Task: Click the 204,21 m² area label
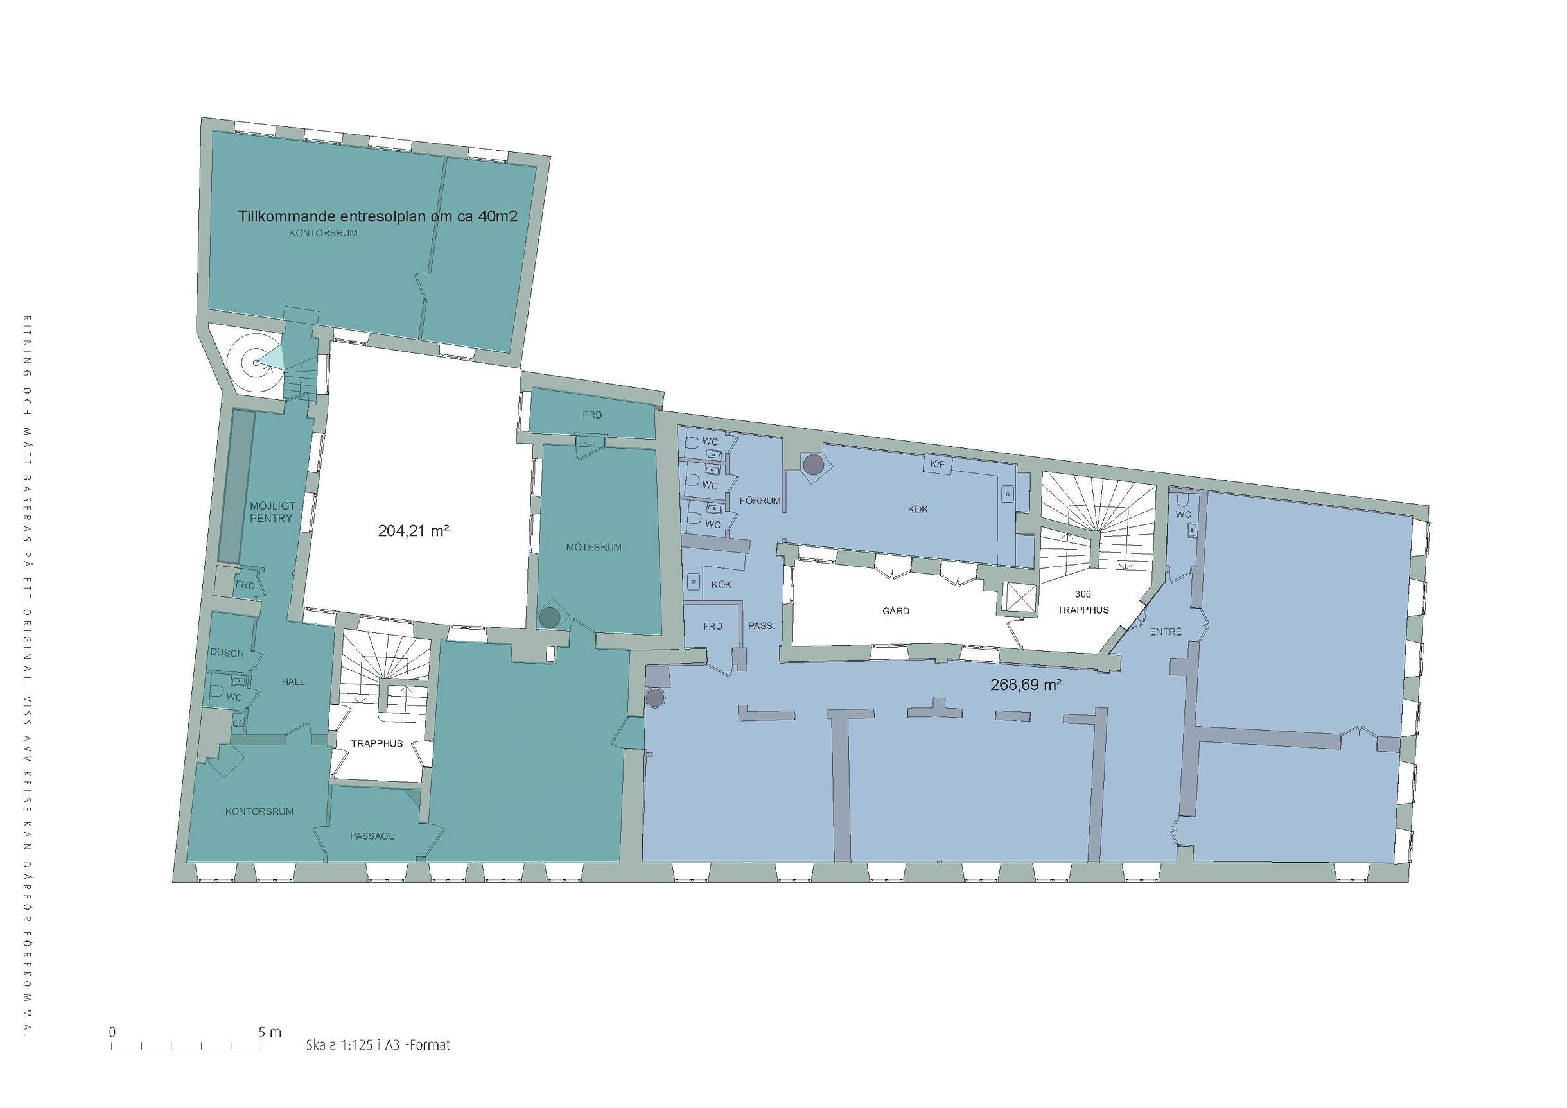413,530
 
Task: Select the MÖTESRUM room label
594,547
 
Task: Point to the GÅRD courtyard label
895,610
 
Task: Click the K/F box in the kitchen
934,464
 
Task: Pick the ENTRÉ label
1165,632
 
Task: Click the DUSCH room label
227,653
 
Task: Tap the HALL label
293,682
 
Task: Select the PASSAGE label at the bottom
372,836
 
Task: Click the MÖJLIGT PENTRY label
272,512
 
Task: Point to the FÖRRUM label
760,501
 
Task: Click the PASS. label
762,625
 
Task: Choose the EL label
238,723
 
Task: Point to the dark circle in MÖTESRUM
550,618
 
